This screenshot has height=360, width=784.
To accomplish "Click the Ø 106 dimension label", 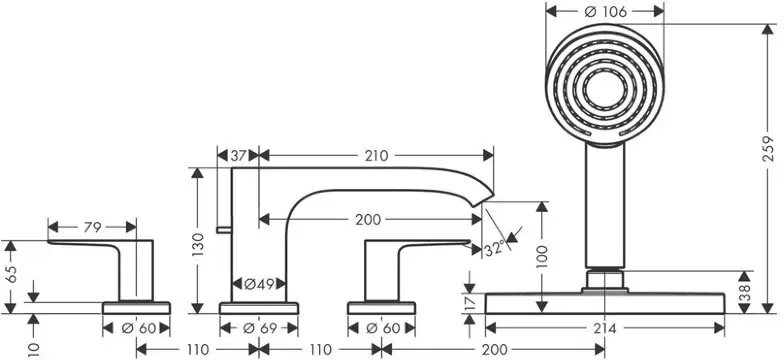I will pyautogui.click(x=604, y=10).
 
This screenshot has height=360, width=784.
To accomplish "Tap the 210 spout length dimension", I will pyautogui.click(x=376, y=155).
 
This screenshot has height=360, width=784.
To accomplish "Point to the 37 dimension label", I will pyautogui.click(x=237, y=155).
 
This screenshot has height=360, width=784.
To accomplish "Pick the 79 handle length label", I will pyautogui.click(x=92, y=228).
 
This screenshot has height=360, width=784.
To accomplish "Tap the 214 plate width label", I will pyautogui.click(x=604, y=327).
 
